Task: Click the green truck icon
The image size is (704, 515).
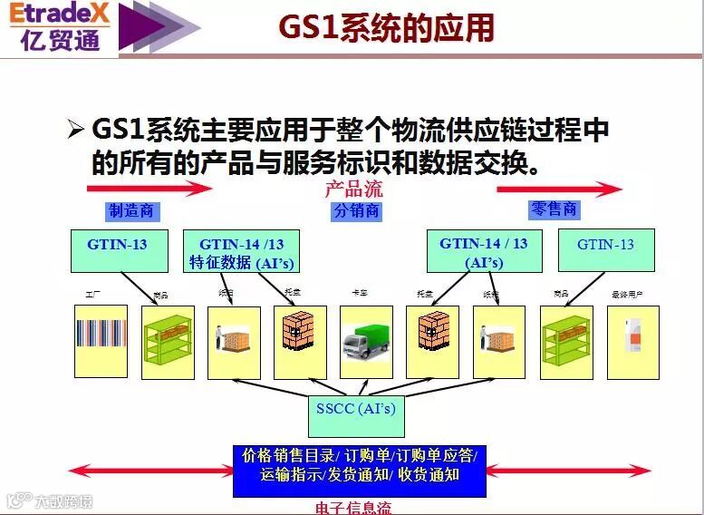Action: [366, 344]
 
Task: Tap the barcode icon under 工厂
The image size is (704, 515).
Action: [101, 341]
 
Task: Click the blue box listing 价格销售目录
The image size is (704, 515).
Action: [360, 464]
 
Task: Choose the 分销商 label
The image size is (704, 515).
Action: [356, 211]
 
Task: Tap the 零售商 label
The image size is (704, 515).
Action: [553, 209]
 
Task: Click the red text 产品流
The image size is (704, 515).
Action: [353, 189]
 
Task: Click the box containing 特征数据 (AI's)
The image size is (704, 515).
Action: [241, 253]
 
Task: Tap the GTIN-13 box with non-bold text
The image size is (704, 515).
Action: [605, 250]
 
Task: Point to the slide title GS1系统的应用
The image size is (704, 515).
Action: [386, 27]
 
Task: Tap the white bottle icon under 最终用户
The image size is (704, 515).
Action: [633, 341]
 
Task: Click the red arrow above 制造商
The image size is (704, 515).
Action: [149, 189]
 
